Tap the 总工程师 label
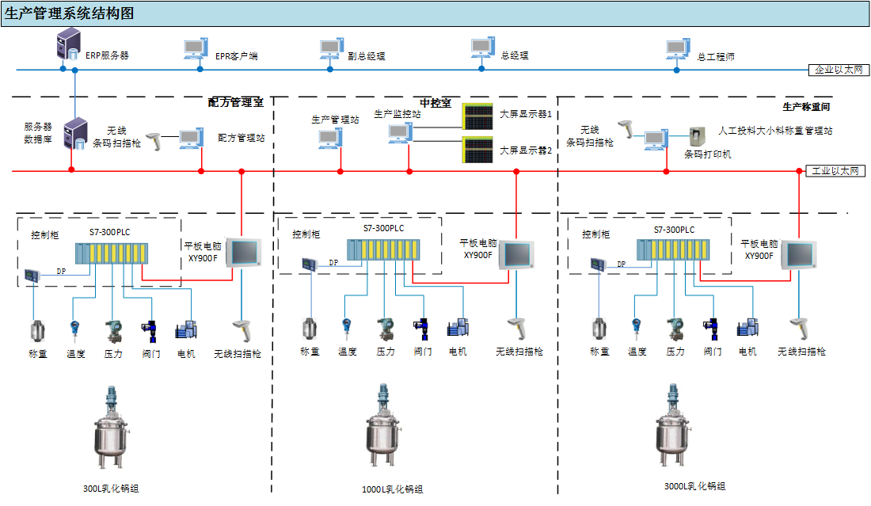point(716,57)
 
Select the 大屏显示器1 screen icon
point(477,116)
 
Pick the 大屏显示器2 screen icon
point(477,149)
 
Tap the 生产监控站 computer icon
point(399,133)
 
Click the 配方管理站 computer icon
point(190,139)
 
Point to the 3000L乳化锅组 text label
point(694,486)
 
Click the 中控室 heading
point(435,103)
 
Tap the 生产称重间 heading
point(805,106)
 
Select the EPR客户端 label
point(236,56)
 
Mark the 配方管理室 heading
point(236,102)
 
